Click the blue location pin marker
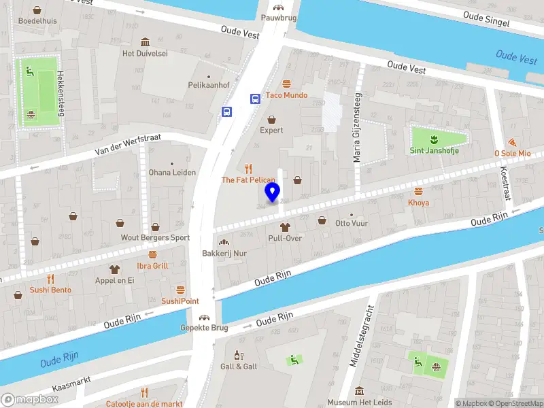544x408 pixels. [273, 192]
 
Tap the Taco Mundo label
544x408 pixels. [286, 95]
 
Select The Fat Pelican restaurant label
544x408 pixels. [248, 180]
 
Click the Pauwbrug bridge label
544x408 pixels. [279, 18]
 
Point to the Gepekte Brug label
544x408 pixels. [203, 328]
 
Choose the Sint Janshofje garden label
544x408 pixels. [434, 150]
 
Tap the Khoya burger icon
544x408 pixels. [418, 191]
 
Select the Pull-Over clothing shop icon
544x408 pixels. [284, 226]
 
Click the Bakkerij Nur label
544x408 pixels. [223, 253]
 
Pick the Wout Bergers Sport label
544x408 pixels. [155, 238]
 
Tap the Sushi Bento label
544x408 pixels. [50, 290]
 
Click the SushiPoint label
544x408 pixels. [180, 301]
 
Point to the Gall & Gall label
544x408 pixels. [239, 367]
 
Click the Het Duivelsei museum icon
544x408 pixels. [144, 41]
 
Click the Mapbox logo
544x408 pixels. [30, 400]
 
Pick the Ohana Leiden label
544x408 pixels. [172, 172]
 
